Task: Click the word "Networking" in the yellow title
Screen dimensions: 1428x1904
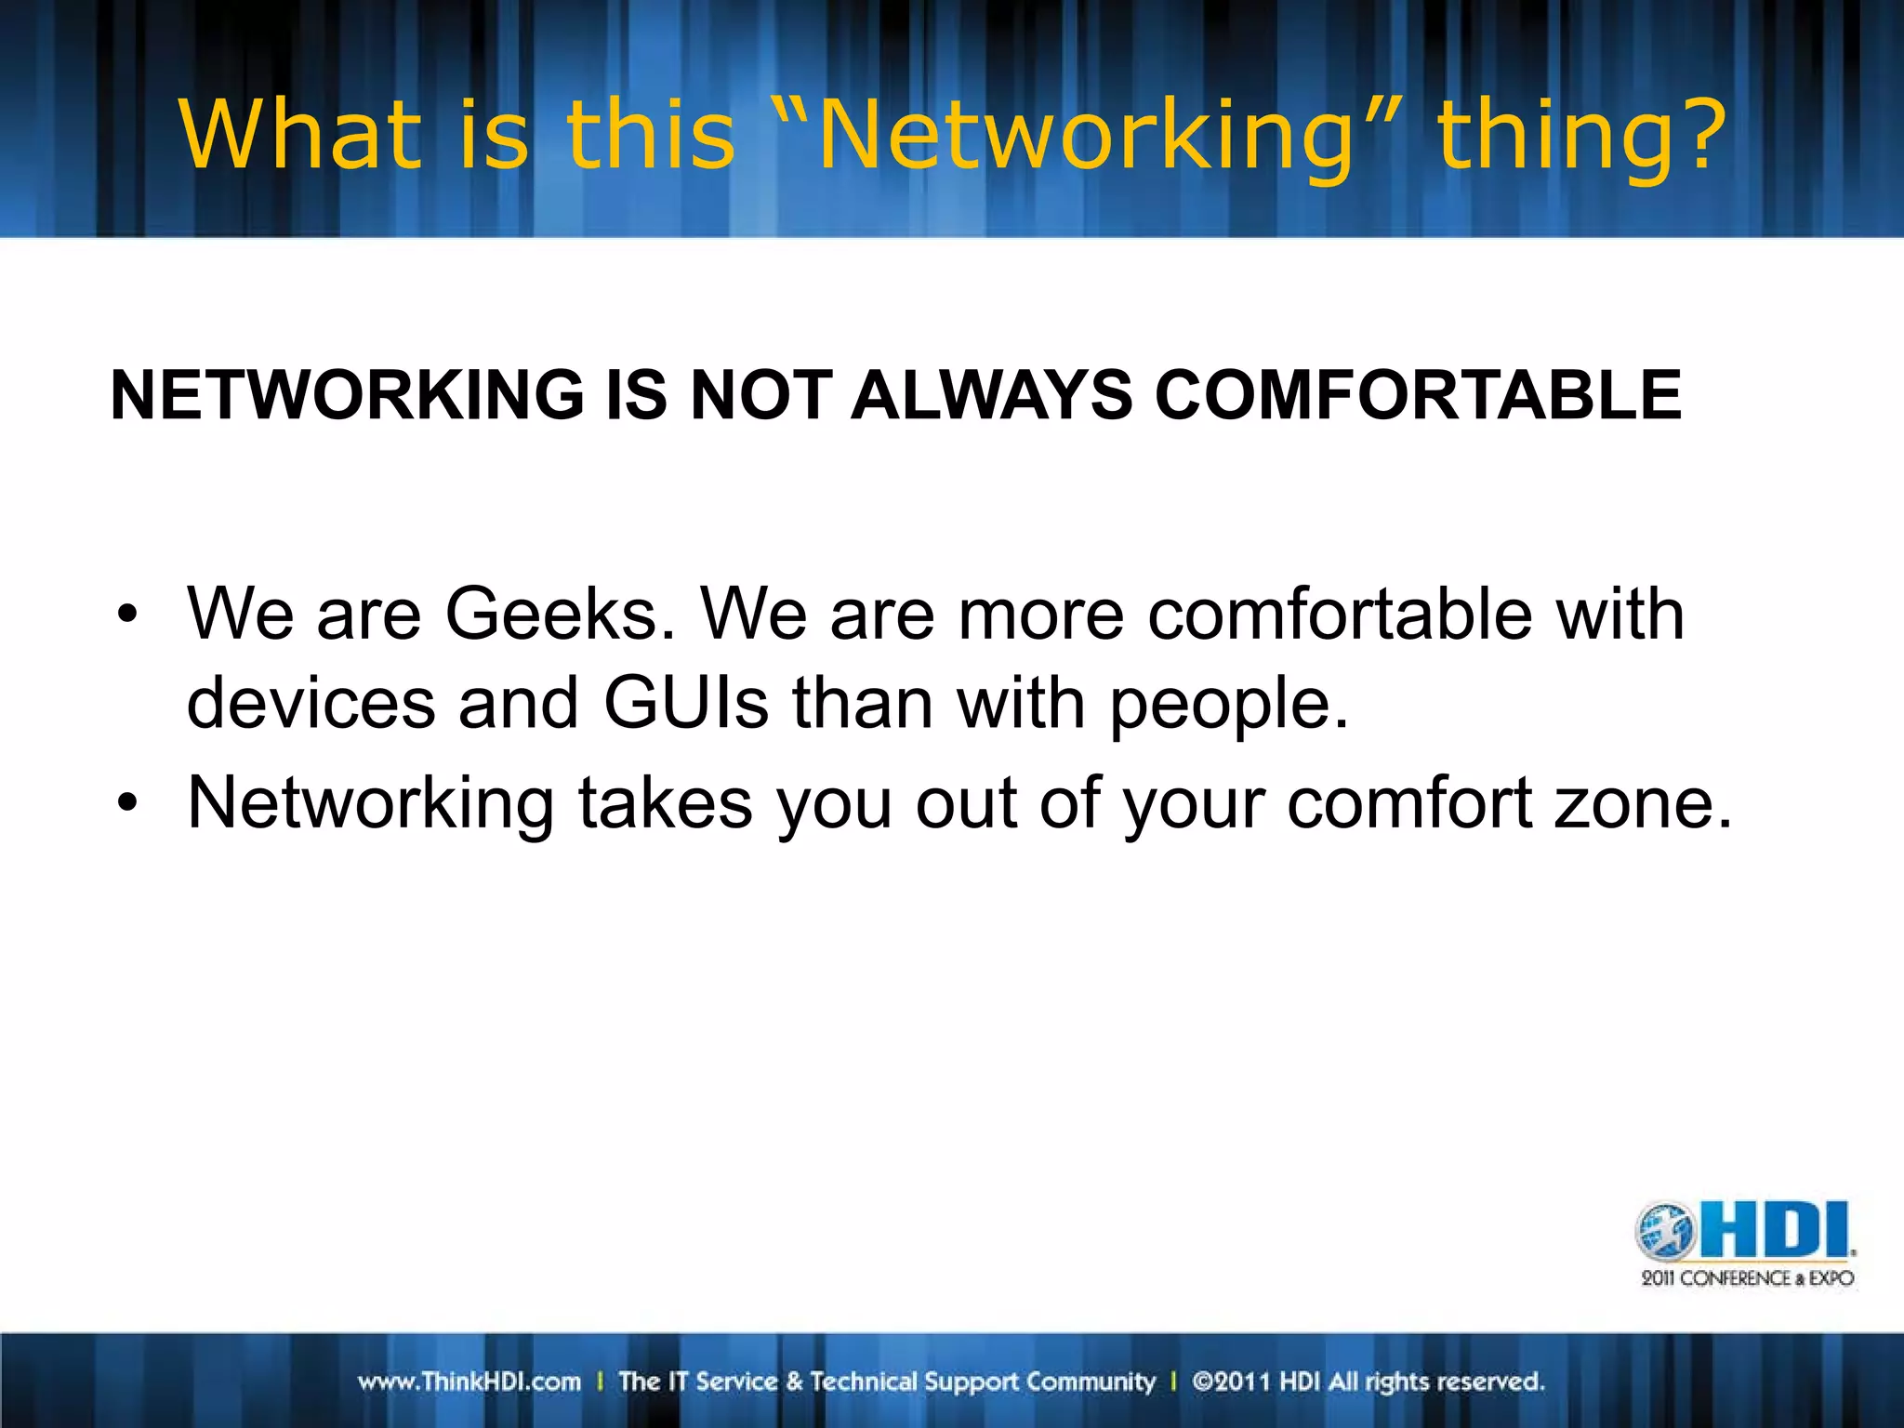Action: [1084, 138]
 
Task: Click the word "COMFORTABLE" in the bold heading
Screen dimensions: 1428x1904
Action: [1417, 395]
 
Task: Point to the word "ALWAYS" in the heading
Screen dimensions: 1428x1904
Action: [991, 395]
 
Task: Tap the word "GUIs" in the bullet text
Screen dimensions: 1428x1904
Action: [686, 703]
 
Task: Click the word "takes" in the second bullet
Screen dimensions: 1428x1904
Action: [665, 802]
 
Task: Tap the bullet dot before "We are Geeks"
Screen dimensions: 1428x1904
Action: [127, 615]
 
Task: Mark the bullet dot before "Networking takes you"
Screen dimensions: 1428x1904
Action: [127, 802]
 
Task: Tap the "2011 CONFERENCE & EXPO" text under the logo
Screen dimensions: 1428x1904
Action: [1747, 1278]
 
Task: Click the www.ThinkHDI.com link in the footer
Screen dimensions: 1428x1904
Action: [469, 1382]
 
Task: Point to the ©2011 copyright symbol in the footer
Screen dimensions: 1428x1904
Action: [1202, 1382]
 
